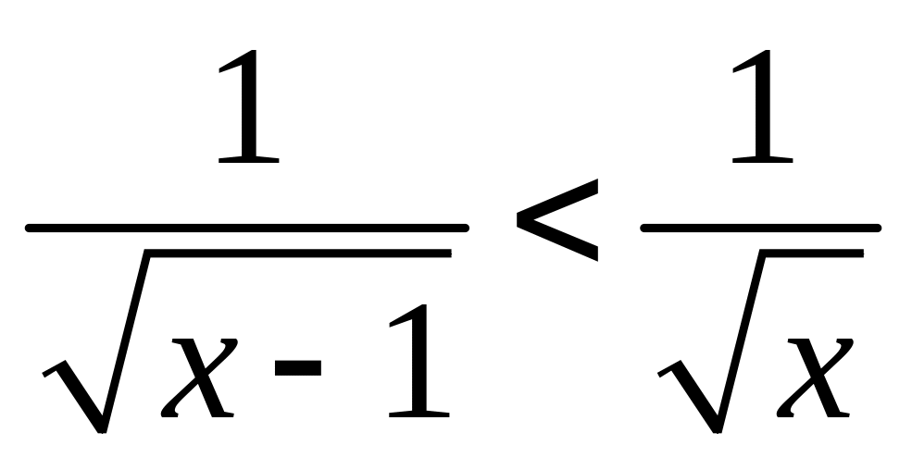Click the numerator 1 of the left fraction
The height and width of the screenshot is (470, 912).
tap(247, 108)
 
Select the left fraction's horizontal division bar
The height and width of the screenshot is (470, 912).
tap(247, 228)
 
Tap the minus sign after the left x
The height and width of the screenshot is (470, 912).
tap(296, 367)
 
